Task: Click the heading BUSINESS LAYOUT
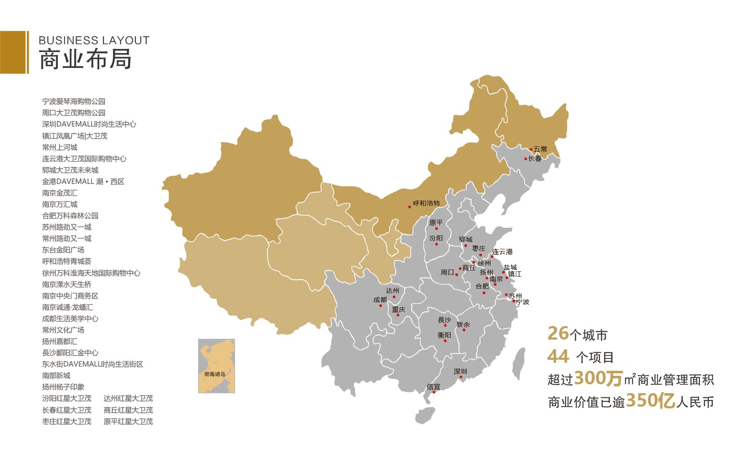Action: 94,40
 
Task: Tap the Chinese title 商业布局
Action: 85,59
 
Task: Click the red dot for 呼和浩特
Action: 409,207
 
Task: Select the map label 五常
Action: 540,149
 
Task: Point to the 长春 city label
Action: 535,159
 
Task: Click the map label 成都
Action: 380,300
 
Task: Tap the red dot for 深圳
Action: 461,377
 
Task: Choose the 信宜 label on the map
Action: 433,387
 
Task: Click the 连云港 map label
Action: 503,252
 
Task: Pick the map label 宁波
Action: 522,302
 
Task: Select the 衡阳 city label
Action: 444,335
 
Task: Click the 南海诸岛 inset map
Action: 216,366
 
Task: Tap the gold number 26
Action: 558,334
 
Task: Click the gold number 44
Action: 558,357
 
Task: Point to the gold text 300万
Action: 598,378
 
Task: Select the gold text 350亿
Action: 650,401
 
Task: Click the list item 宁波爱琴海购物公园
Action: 74,102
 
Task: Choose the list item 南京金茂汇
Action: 59,193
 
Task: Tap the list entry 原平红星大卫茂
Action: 128,421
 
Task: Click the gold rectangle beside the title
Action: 14,52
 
